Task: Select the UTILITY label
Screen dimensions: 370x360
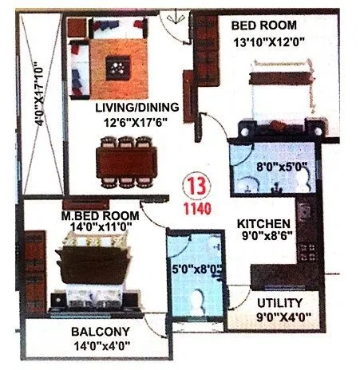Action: tap(280, 303)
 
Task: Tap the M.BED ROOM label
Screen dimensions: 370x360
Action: tap(101, 215)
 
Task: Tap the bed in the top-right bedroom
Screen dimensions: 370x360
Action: tap(279, 92)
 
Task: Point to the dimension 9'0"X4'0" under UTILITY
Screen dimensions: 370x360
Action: tap(280, 317)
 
